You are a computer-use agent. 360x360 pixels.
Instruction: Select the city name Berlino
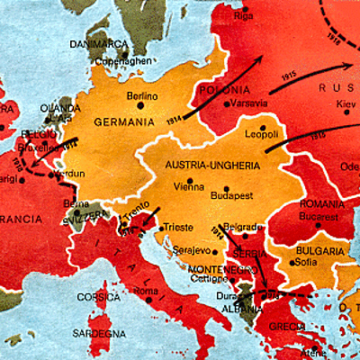pyautogui.click(x=142, y=95)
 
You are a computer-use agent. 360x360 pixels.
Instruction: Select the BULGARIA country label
pyautogui.click(x=319, y=253)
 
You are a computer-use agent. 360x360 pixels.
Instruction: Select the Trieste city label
pyautogui.click(x=178, y=229)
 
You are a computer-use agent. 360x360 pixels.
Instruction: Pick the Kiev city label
pyautogui.click(x=346, y=104)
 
